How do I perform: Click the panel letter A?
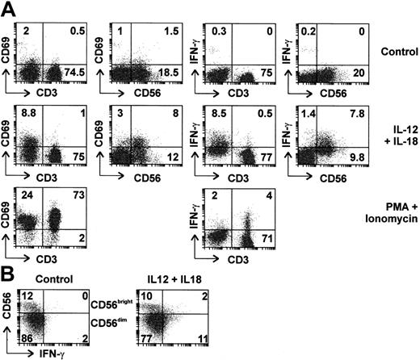tap(10, 10)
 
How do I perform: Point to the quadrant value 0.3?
tap(213, 30)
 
